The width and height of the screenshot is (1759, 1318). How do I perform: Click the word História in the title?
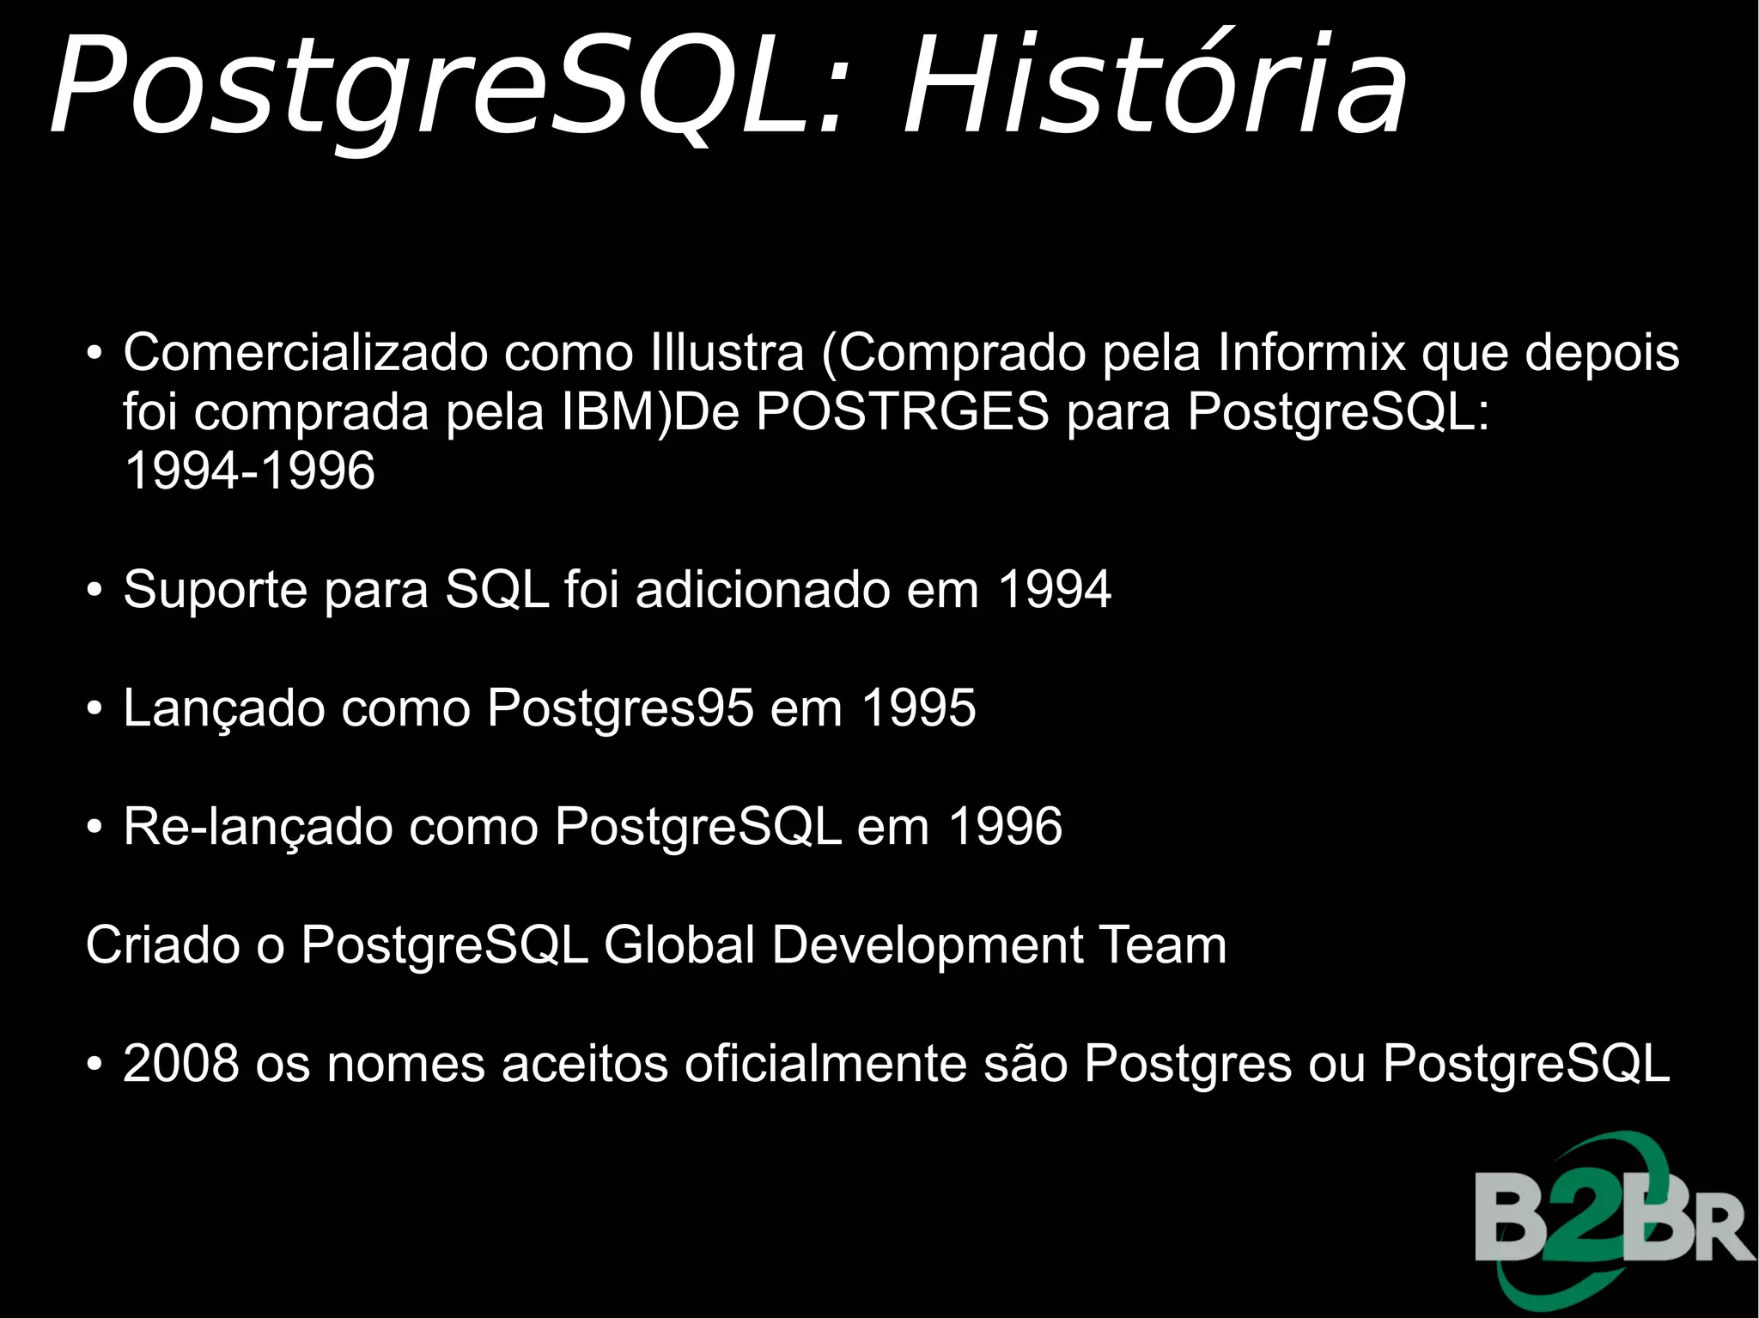tap(1155, 86)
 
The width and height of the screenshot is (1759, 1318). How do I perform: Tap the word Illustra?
tap(727, 352)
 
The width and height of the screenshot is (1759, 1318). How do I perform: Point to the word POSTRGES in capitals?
tap(903, 411)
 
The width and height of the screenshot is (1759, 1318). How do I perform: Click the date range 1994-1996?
tap(249, 471)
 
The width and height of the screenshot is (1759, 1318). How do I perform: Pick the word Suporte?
tap(216, 590)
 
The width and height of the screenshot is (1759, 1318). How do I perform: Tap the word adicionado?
tap(764, 590)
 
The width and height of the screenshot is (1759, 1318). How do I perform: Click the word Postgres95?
tap(620, 708)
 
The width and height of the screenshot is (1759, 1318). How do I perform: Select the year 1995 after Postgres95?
tap(918, 708)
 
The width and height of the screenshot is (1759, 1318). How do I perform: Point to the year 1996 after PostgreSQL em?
tap(1005, 827)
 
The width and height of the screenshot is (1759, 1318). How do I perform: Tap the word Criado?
tap(164, 945)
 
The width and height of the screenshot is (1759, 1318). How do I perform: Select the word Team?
tap(1163, 945)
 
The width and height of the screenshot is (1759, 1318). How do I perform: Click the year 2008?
tap(181, 1064)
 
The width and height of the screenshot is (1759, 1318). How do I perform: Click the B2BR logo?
tap(1613, 1224)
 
